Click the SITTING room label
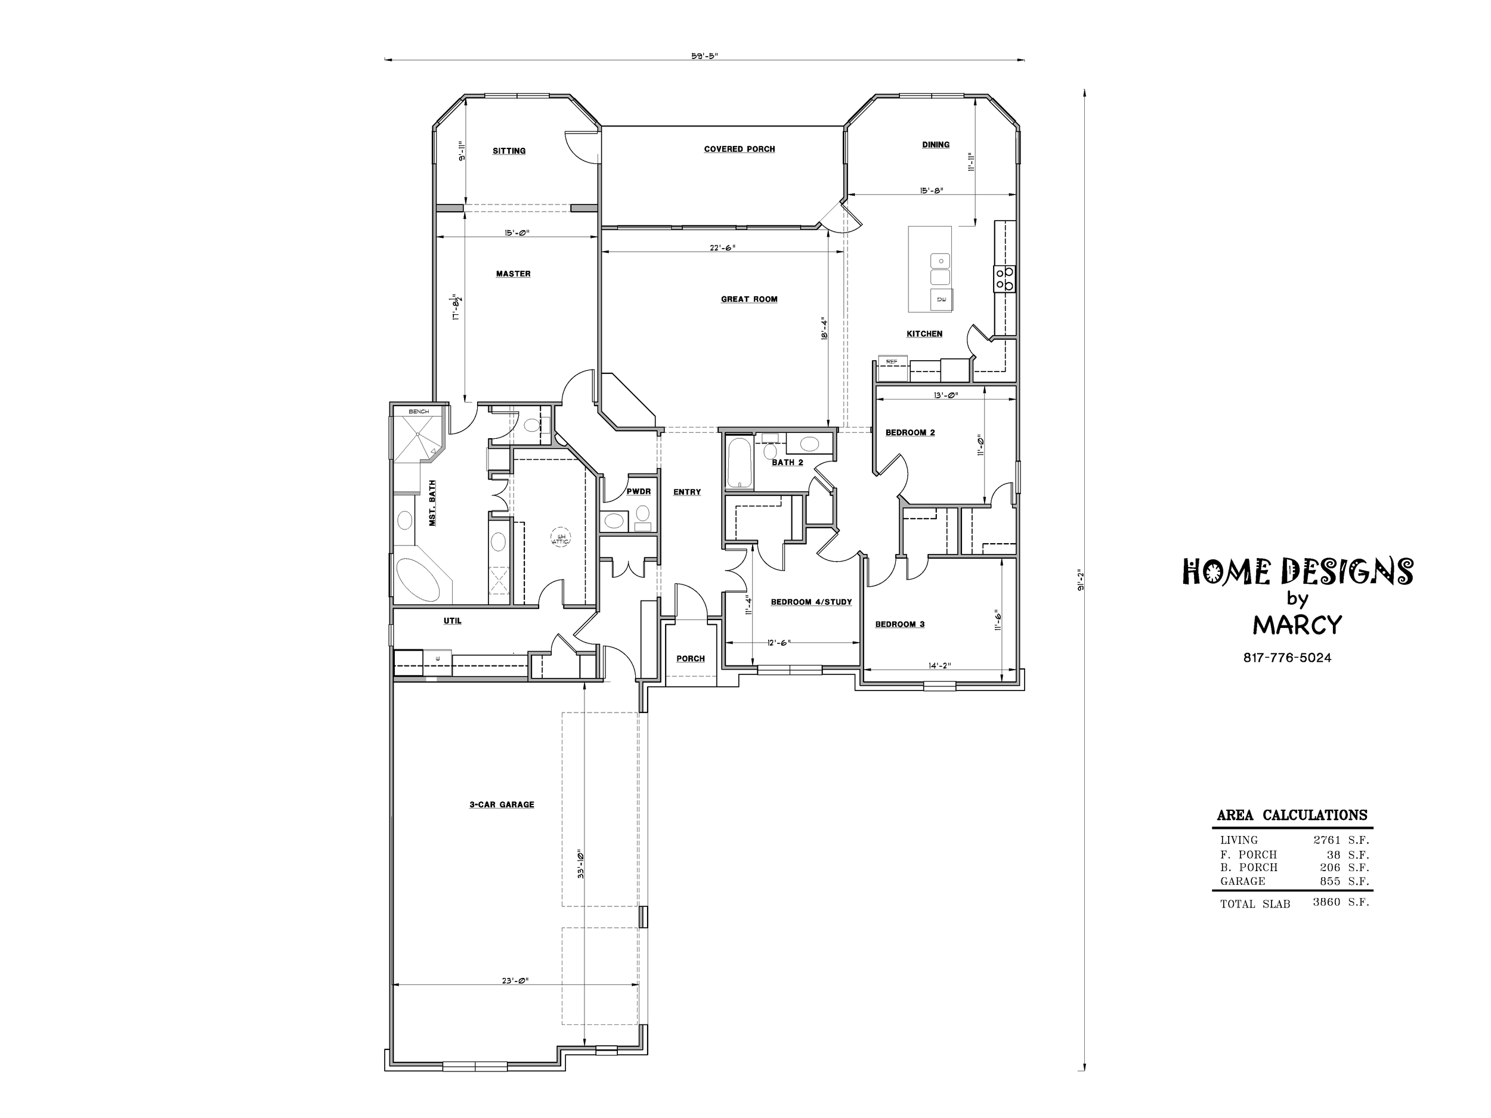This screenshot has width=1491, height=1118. tap(509, 151)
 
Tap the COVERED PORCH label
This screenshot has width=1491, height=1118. tap(740, 149)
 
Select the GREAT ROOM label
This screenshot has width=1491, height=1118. tap(749, 299)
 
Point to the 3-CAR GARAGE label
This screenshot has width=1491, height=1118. tap(502, 804)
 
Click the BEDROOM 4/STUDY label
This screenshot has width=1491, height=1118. tap(812, 602)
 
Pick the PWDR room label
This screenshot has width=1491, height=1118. tap(638, 492)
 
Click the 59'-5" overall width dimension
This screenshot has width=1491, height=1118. tap(704, 56)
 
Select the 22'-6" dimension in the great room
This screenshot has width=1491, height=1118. tap(723, 247)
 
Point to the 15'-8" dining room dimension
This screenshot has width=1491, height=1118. tap(932, 190)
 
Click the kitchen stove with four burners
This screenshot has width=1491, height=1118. tap(1005, 279)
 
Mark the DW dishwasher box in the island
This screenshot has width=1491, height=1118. tap(942, 299)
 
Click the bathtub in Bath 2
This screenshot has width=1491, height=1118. tap(740, 463)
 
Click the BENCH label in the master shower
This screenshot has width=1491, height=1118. tap(419, 411)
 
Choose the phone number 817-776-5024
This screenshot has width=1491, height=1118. tap(1288, 658)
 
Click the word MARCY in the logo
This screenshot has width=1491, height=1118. tap(1298, 625)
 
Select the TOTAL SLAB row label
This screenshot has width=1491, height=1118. tap(1255, 905)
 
